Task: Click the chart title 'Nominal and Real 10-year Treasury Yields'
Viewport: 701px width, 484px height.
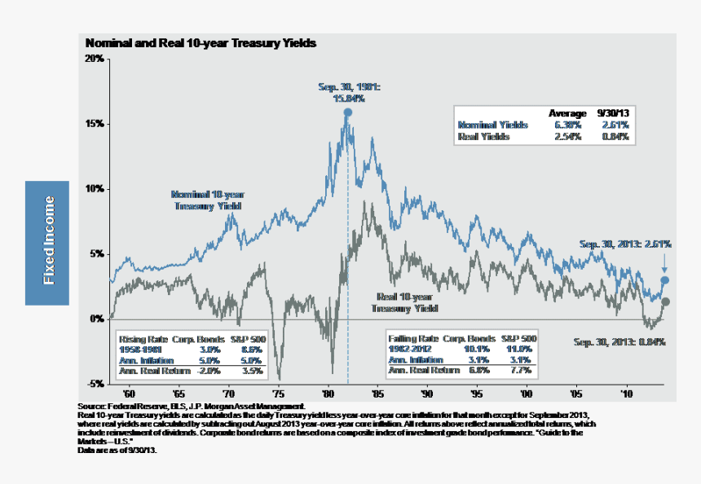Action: click(x=201, y=42)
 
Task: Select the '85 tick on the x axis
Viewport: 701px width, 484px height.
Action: click(x=377, y=392)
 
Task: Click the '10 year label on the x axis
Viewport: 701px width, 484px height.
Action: click(x=625, y=392)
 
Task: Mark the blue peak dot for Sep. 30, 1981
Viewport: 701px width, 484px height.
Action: click(x=347, y=113)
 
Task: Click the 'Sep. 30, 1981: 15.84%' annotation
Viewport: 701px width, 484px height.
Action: click(x=348, y=92)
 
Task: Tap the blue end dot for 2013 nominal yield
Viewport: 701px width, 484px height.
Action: click(x=665, y=280)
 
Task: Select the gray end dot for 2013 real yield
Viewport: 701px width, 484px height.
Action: click(x=665, y=302)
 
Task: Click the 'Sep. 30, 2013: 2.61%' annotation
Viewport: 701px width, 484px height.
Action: click(x=624, y=244)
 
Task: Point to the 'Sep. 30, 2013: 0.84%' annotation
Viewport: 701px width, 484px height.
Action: click(x=619, y=342)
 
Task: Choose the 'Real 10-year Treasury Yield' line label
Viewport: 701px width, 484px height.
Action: click(x=405, y=302)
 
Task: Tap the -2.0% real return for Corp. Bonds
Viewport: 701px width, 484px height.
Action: click(x=210, y=371)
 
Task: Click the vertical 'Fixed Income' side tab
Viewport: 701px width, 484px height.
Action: click(x=47, y=242)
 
